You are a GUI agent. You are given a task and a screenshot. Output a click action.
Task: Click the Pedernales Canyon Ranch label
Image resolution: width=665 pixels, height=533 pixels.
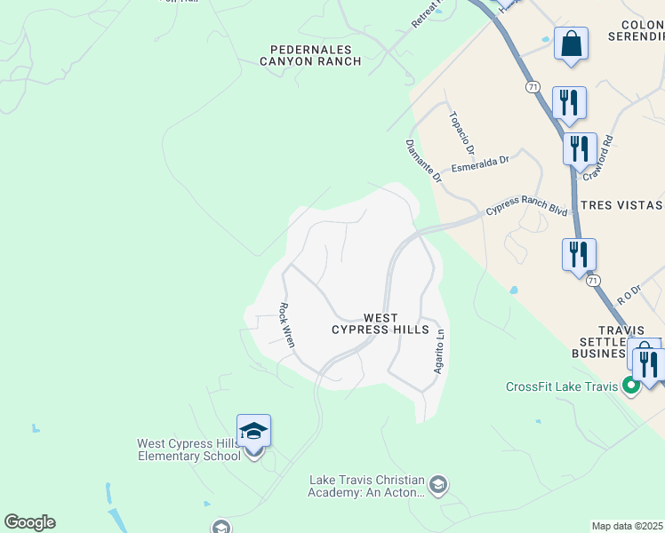tap(310, 55)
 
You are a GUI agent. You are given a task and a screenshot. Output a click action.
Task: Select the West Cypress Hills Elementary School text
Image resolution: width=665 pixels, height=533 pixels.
tap(188, 449)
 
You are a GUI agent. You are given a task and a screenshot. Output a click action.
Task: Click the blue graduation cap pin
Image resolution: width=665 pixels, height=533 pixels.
tap(253, 432)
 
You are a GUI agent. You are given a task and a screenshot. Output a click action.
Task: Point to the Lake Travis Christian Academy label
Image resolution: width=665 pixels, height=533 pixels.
tap(366, 486)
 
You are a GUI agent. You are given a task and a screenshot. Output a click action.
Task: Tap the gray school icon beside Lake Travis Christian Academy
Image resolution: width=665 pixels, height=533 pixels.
tap(437, 484)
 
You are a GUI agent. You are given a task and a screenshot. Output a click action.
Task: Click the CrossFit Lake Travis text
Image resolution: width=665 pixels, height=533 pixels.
tap(562, 386)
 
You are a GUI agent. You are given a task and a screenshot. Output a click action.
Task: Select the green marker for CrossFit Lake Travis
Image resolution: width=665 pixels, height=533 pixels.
tap(631, 386)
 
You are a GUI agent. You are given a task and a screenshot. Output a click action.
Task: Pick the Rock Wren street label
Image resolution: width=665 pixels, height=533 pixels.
tap(286, 324)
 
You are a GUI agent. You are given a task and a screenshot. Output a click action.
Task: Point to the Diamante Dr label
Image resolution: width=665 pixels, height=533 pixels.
tap(424, 161)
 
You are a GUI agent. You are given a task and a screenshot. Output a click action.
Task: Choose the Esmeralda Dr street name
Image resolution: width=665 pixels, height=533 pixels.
tap(479, 164)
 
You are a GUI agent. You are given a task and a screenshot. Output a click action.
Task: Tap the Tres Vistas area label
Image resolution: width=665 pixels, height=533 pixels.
tap(621, 205)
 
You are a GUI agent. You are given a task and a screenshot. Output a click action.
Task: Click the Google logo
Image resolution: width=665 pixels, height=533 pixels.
tap(29, 522)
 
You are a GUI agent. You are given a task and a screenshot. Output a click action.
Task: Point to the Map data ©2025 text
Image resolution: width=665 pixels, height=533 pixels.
tap(628, 526)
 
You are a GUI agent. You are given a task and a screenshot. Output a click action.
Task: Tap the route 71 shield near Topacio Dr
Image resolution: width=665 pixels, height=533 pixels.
tap(533, 87)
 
